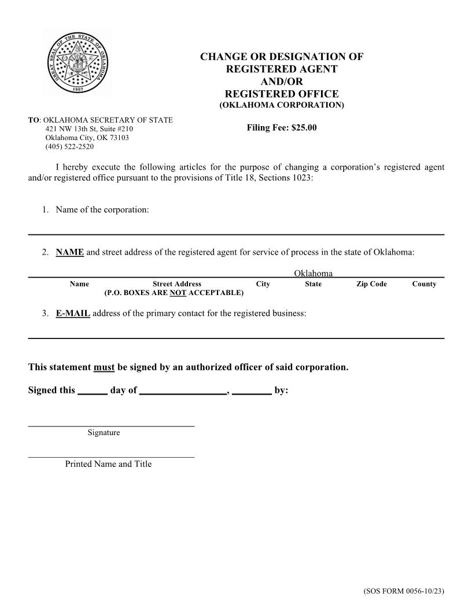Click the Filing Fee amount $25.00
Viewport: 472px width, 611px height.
point(304,128)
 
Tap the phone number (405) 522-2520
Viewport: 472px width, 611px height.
point(69,147)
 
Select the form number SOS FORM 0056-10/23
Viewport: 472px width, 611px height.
point(403,591)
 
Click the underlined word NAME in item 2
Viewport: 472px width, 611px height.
point(70,252)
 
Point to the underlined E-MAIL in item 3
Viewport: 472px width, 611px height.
point(73,313)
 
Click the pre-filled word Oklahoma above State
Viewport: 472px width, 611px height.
point(313,273)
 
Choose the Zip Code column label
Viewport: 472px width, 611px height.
point(371,284)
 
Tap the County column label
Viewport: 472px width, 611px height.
point(424,284)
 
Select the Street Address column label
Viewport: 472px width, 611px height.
point(177,284)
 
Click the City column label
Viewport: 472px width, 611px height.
point(263,284)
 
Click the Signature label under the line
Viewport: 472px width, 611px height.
point(104,433)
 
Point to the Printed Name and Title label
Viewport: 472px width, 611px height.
point(108,464)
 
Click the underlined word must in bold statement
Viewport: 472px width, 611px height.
point(104,367)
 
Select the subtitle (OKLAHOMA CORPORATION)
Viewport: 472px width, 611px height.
point(281,105)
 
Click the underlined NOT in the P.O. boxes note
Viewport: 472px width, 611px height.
point(178,293)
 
